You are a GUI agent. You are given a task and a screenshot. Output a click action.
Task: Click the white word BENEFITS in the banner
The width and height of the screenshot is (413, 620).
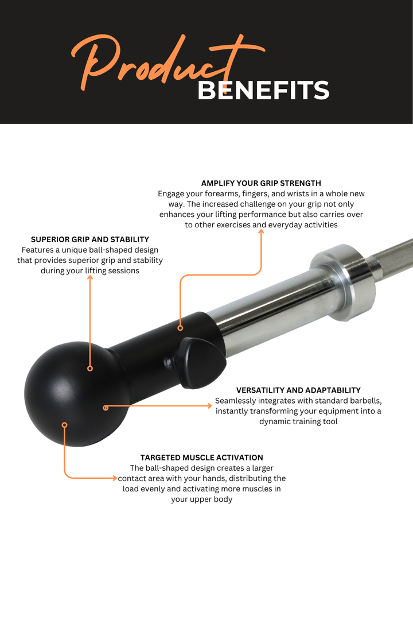pyautogui.click(x=263, y=90)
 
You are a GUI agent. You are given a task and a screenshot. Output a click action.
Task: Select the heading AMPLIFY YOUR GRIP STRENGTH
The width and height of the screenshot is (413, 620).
pyautogui.click(x=261, y=183)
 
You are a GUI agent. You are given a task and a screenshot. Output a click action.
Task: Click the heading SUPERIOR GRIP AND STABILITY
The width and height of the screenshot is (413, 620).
pyautogui.click(x=90, y=239)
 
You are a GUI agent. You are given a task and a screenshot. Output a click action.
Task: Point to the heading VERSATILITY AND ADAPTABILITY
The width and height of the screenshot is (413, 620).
pyautogui.click(x=298, y=390)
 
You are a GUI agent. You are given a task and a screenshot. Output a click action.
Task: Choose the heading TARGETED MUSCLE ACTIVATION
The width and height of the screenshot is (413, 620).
pyautogui.click(x=201, y=458)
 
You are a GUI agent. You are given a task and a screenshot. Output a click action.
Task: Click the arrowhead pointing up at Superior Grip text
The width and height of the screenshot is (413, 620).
pyautogui.click(x=90, y=278)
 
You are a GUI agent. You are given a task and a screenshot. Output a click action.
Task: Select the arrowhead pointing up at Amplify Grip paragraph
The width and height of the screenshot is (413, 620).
pyautogui.click(x=261, y=232)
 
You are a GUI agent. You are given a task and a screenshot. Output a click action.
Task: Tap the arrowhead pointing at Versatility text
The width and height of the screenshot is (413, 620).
pyautogui.click(x=209, y=405)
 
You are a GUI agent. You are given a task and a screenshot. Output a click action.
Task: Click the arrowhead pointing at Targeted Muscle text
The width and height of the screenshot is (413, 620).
pyautogui.click(x=115, y=478)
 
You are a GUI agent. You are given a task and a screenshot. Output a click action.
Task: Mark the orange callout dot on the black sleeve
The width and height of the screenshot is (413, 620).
pyautogui.click(x=180, y=328)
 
